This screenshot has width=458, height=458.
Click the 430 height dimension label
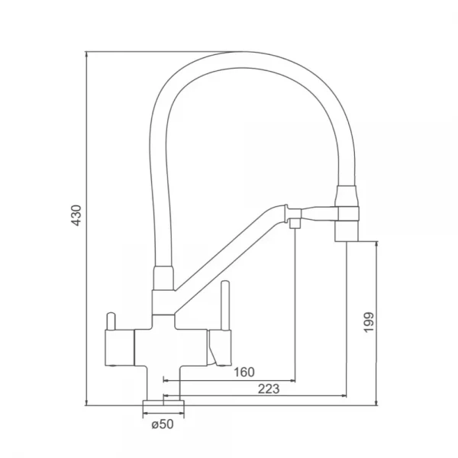tap(77, 215)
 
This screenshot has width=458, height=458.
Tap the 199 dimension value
tap(369, 322)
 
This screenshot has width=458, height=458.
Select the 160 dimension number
tap(244, 373)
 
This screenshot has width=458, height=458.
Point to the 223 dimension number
tap(269, 389)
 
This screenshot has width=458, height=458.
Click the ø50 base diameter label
tap(163, 424)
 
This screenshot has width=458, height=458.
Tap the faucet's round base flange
tap(163, 403)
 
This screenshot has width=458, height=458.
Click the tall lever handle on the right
tap(225, 305)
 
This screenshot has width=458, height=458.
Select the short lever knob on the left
tap(111, 322)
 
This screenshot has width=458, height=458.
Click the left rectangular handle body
tap(119, 348)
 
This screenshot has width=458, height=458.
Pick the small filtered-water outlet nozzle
tap(295, 224)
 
